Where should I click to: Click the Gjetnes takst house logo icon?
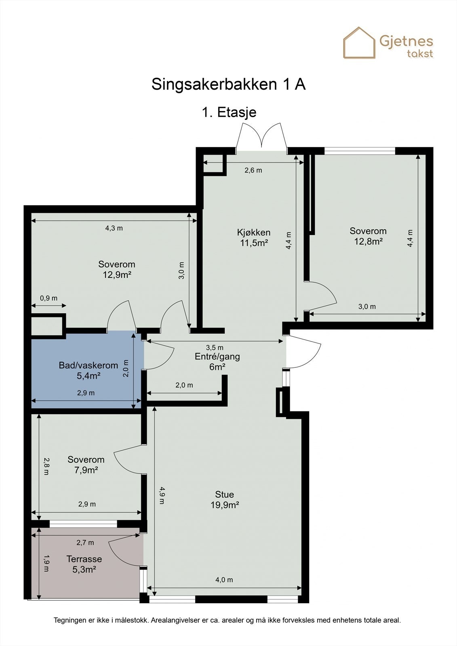point(359,43)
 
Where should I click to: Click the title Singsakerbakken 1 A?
point(228,84)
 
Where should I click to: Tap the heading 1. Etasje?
point(229,112)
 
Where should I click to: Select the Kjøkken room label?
point(254,232)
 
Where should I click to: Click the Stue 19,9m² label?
point(225,500)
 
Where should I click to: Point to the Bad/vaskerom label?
point(88,365)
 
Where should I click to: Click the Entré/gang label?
point(217,357)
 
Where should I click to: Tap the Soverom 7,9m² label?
point(86,465)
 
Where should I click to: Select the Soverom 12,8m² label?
point(368,236)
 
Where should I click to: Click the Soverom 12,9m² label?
point(117,269)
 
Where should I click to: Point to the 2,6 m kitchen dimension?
point(253,170)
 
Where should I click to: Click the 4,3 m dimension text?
point(114,228)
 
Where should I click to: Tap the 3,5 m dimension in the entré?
point(215,348)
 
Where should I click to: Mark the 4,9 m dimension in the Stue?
point(162,495)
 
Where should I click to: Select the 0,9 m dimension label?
point(48,298)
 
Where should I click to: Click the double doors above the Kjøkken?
point(261,137)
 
